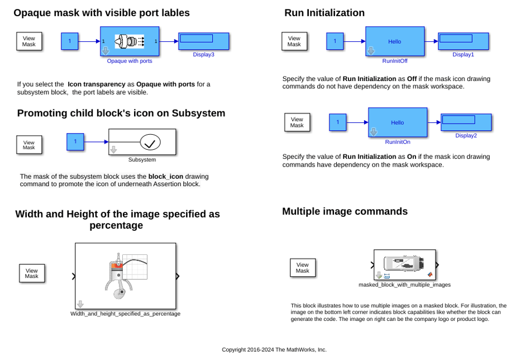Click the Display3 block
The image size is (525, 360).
click(203, 41)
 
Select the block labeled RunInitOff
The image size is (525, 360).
click(395, 41)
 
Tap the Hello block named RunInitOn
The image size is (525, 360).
click(398, 122)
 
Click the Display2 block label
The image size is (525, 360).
click(466, 135)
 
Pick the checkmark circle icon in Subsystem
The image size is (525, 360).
click(150, 142)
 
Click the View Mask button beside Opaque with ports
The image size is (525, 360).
click(29, 41)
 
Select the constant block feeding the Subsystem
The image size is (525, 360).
click(75, 142)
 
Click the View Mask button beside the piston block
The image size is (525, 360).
click(32, 273)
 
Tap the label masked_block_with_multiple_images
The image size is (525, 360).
click(404, 285)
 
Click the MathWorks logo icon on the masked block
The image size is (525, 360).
click(430, 274)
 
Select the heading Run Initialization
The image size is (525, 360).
click(324, 13)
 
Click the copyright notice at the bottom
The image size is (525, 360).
click(274, 349)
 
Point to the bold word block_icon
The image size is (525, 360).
click(166, 176)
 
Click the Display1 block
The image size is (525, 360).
click(464, 41)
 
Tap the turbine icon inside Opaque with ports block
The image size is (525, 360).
click(130, 41)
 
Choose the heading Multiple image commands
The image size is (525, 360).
click(345, 211)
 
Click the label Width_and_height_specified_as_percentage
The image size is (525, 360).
click(125, 314)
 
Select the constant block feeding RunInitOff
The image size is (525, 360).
click(335, 41)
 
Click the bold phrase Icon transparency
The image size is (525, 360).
click(97, 84)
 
